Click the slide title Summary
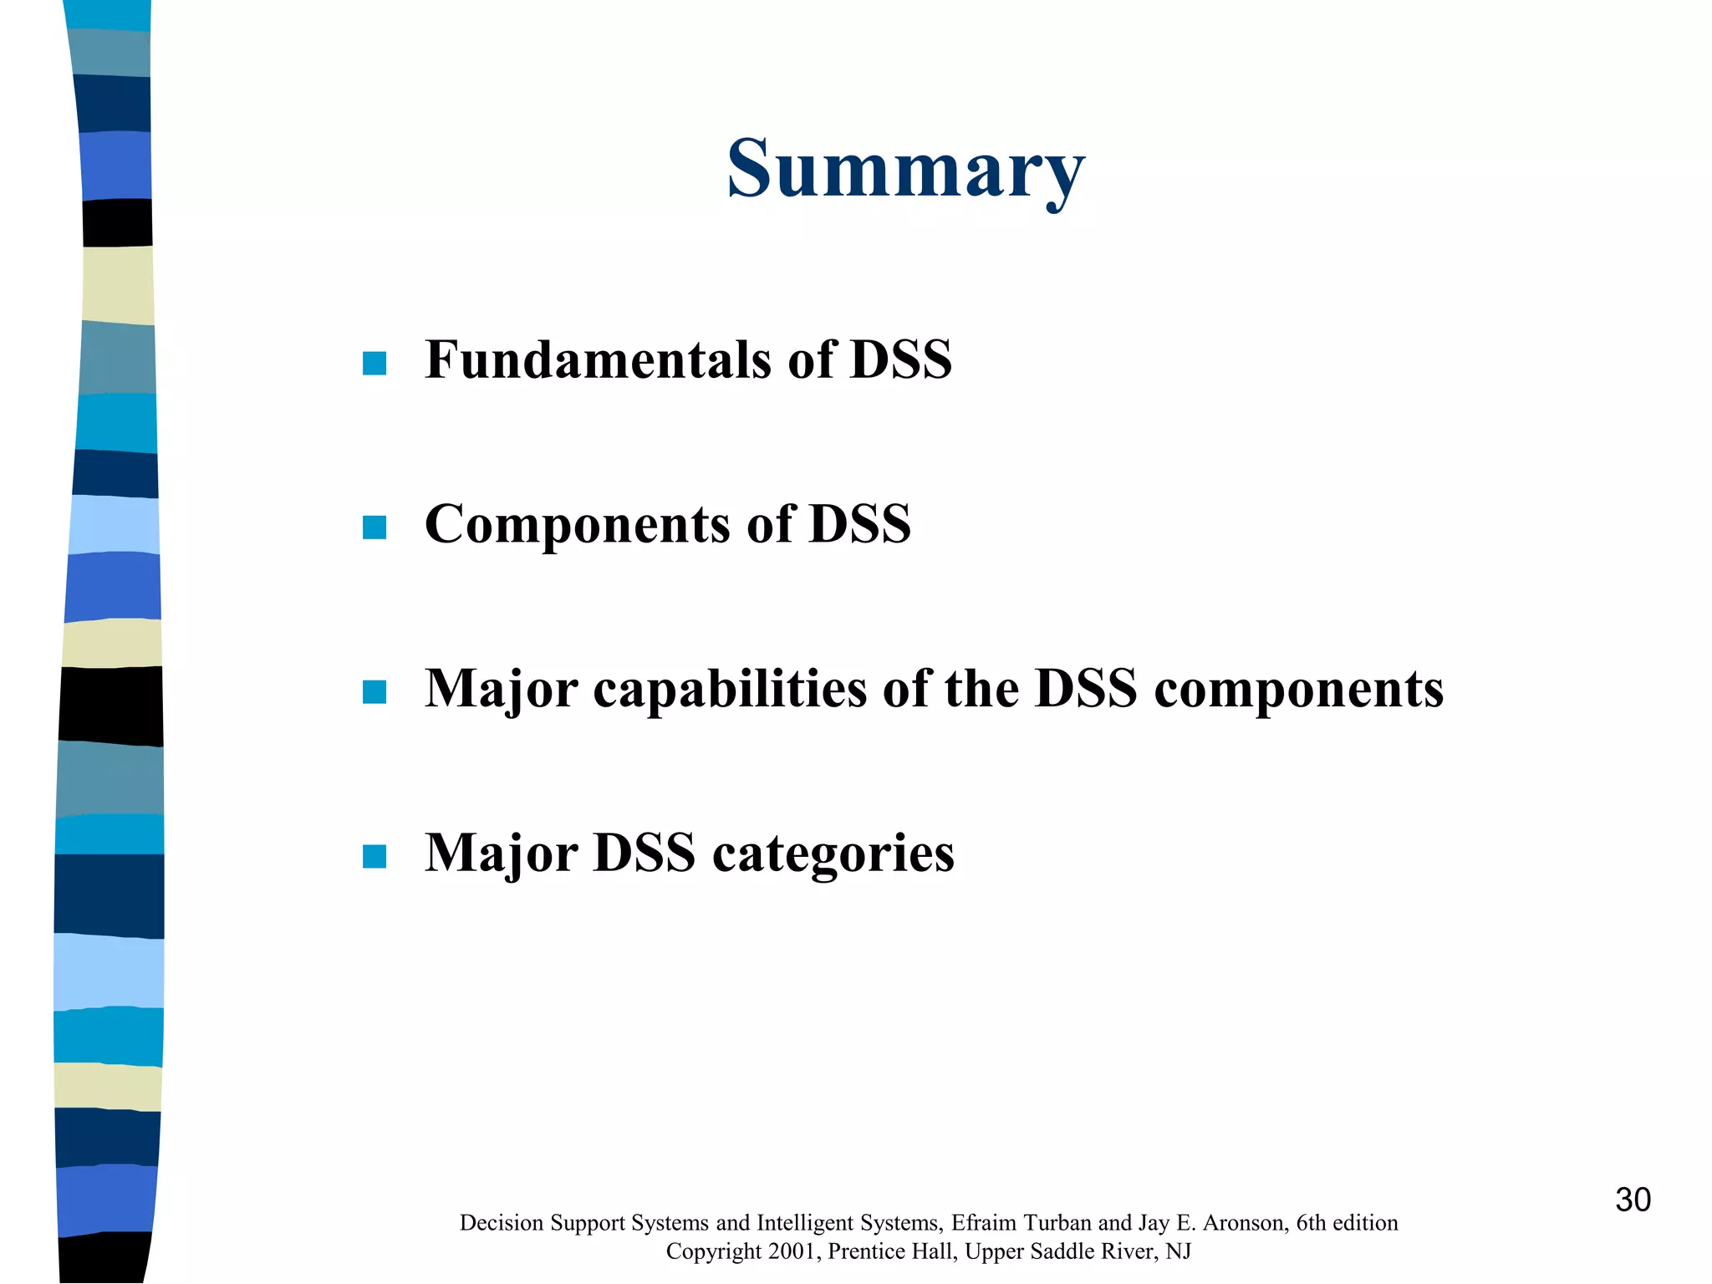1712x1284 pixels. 905,170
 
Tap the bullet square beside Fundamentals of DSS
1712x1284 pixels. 374,363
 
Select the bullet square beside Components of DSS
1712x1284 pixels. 374,527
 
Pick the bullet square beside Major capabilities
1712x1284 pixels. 374,692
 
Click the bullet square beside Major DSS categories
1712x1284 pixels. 374,857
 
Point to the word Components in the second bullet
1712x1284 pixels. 578,524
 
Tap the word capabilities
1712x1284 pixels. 731,689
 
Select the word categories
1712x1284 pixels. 833,854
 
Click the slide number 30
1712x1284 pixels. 1633,1200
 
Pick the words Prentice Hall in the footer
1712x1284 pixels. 892,1251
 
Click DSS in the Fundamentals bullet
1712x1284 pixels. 900,359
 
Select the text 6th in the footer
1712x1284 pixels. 1312,1223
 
